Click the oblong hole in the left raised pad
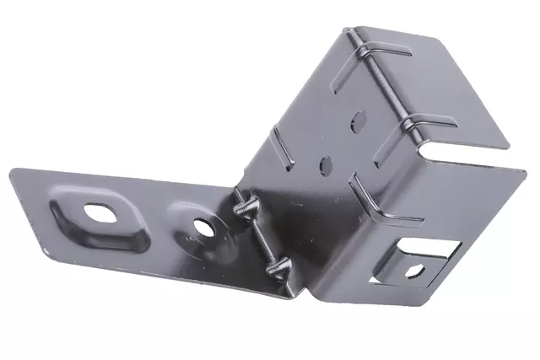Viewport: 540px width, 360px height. pyautogui.click(x=99, y=212)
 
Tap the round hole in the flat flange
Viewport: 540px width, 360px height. pyautogui.click(x=202, y=226)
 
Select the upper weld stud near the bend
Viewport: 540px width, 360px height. pyautogui.click(x=243, y=206)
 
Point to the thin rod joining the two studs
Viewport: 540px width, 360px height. pyautogui.click(x=258, y=237)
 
